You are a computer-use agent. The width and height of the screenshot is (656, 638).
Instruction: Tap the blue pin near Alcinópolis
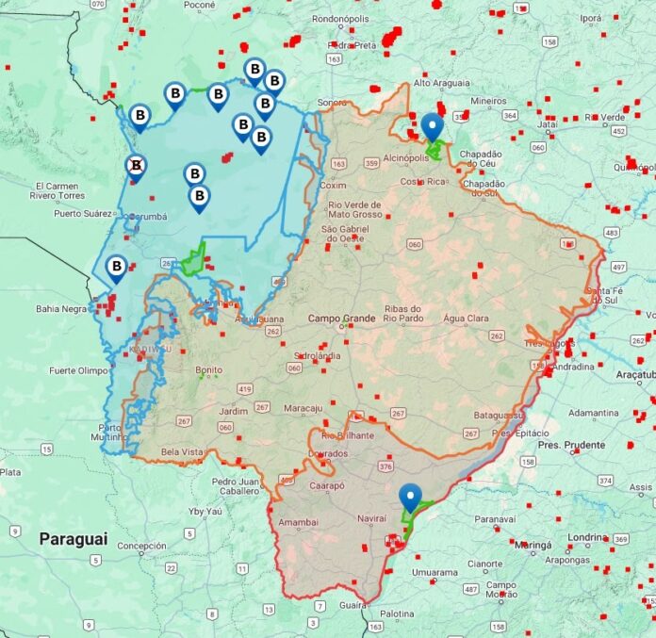point(433,126)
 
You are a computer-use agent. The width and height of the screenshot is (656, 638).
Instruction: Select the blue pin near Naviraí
point(410,497)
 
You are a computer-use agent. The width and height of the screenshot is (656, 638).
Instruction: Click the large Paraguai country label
point(73,539)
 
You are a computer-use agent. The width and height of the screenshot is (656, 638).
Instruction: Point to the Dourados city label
point(328,454)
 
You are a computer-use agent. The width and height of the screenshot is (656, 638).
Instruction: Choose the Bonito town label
point(208,370)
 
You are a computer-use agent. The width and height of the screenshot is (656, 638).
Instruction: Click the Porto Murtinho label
point(108,432)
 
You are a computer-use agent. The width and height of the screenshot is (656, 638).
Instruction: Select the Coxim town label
point(334,186)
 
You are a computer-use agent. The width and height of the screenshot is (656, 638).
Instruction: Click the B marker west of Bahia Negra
point(116,268)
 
